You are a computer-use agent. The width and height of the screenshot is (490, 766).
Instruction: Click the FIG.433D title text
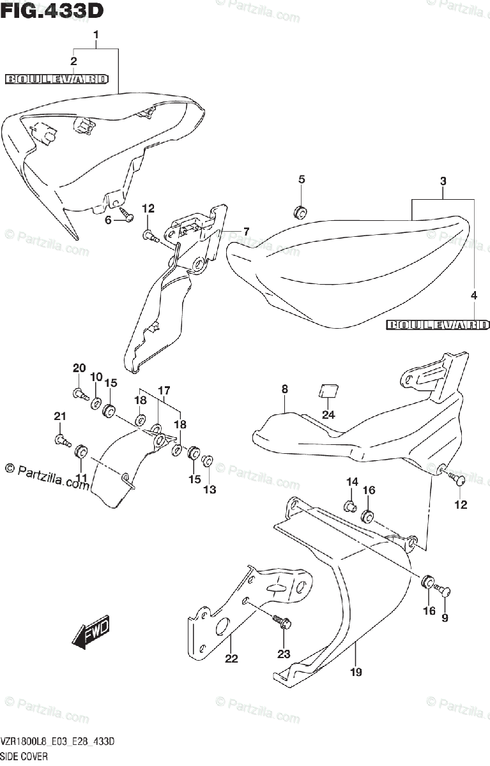tap(52, 11)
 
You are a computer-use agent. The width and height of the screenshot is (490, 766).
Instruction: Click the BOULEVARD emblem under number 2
tap(57, 79)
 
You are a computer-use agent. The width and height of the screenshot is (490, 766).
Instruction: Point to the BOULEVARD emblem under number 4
tap(438, 325)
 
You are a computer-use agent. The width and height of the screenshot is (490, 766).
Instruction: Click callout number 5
tap(302, 180)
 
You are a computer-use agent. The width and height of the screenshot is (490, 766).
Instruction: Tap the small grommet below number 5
tap(301, 210)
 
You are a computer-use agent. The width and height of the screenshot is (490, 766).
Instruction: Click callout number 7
tap(246, 231)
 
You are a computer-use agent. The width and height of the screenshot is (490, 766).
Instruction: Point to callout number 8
tap(284, 388)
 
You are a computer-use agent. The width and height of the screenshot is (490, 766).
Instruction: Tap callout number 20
tap(79, 368)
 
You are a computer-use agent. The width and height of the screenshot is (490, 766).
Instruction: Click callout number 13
tap(210, 490)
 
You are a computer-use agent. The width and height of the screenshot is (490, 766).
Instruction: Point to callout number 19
tap(356, 672)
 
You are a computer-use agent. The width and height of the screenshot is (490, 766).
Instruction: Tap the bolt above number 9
tap(445, 590)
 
